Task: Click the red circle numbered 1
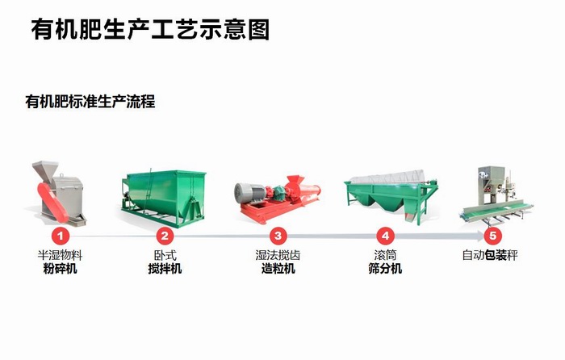pyautogui.click(x=61, y=236)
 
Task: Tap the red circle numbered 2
pyautogui.click(x=165, y=236)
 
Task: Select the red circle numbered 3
pyautogui.click(x=278, y=236)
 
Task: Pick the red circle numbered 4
pyautogui.click(x=386, y=236)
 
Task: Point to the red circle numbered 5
pyautogui.click(x=492, y=236)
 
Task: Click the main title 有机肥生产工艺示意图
pyautogui.click(x=150, y=30)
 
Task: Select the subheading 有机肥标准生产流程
pyautogui.click(x=90, y=102)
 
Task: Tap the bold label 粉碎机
pyautogui.click(x=60, y=269)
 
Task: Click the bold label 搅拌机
pyautogui.click(x=165, y=269)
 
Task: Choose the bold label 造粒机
pyautogui.click(x=278, y=269)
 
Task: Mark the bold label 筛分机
pyautogui.click(x=385, y=269)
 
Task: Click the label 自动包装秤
pyautogui.click(x=490, y=255)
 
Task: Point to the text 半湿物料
pyautogui.click(x=60, y=255)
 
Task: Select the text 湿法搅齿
pyautogui.click(x=278, y=255)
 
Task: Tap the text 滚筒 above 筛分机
pyautogui.click(x=385, y=255)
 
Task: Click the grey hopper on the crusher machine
pyautogui.click(x=46, y=169)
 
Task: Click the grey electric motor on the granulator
pyautogui.click(x=249, y=192)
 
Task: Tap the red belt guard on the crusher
pyautogui.click(x=52, y=201)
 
